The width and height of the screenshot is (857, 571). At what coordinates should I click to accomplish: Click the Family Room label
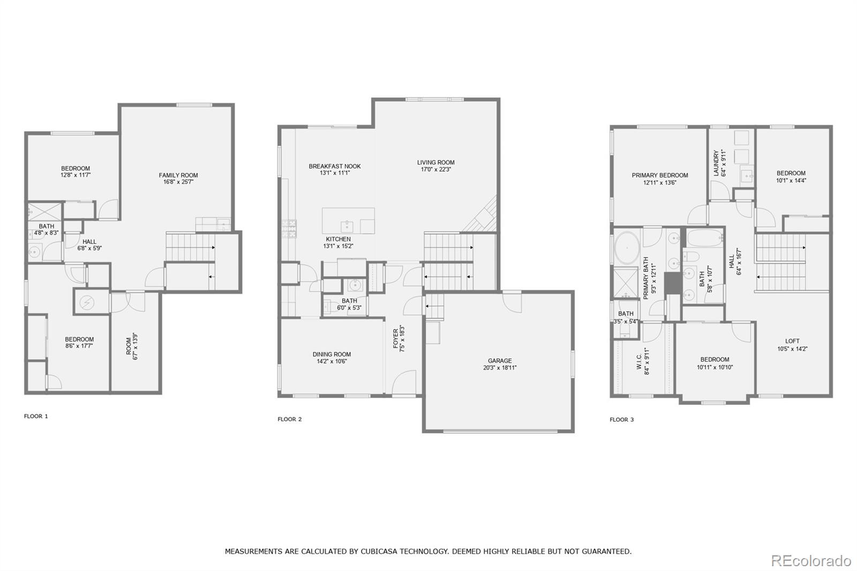coord(178,175)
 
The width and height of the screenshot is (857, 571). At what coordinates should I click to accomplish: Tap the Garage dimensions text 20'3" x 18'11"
coord(499,368)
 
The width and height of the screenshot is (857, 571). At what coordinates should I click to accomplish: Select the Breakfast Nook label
coord(335,166)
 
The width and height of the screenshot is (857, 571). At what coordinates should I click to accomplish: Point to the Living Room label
coord(435,162)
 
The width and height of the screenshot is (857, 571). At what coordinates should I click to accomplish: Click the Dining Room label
coord(332,354)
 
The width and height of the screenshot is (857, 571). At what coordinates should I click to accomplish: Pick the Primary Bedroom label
coord(659,175)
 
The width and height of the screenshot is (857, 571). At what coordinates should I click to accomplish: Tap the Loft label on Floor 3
coord(792,341)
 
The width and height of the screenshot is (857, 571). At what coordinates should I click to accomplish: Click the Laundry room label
coord(716,163)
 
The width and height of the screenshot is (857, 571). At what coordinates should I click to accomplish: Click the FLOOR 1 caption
coord(36,416)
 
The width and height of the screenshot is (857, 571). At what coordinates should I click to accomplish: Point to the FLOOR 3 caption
coord(621,419)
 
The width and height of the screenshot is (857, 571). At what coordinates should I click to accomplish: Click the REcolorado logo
coord(810,561)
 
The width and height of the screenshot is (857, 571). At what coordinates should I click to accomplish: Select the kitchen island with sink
coord(348,221)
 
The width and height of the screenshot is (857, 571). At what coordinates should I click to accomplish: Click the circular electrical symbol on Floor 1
coord(86,303)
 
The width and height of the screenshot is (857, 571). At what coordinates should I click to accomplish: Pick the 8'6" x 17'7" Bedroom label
coord(79,339)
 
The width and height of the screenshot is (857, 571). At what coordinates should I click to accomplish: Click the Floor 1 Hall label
coord(89,242)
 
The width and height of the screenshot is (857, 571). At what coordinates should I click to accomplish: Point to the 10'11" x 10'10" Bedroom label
coord(715,359)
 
